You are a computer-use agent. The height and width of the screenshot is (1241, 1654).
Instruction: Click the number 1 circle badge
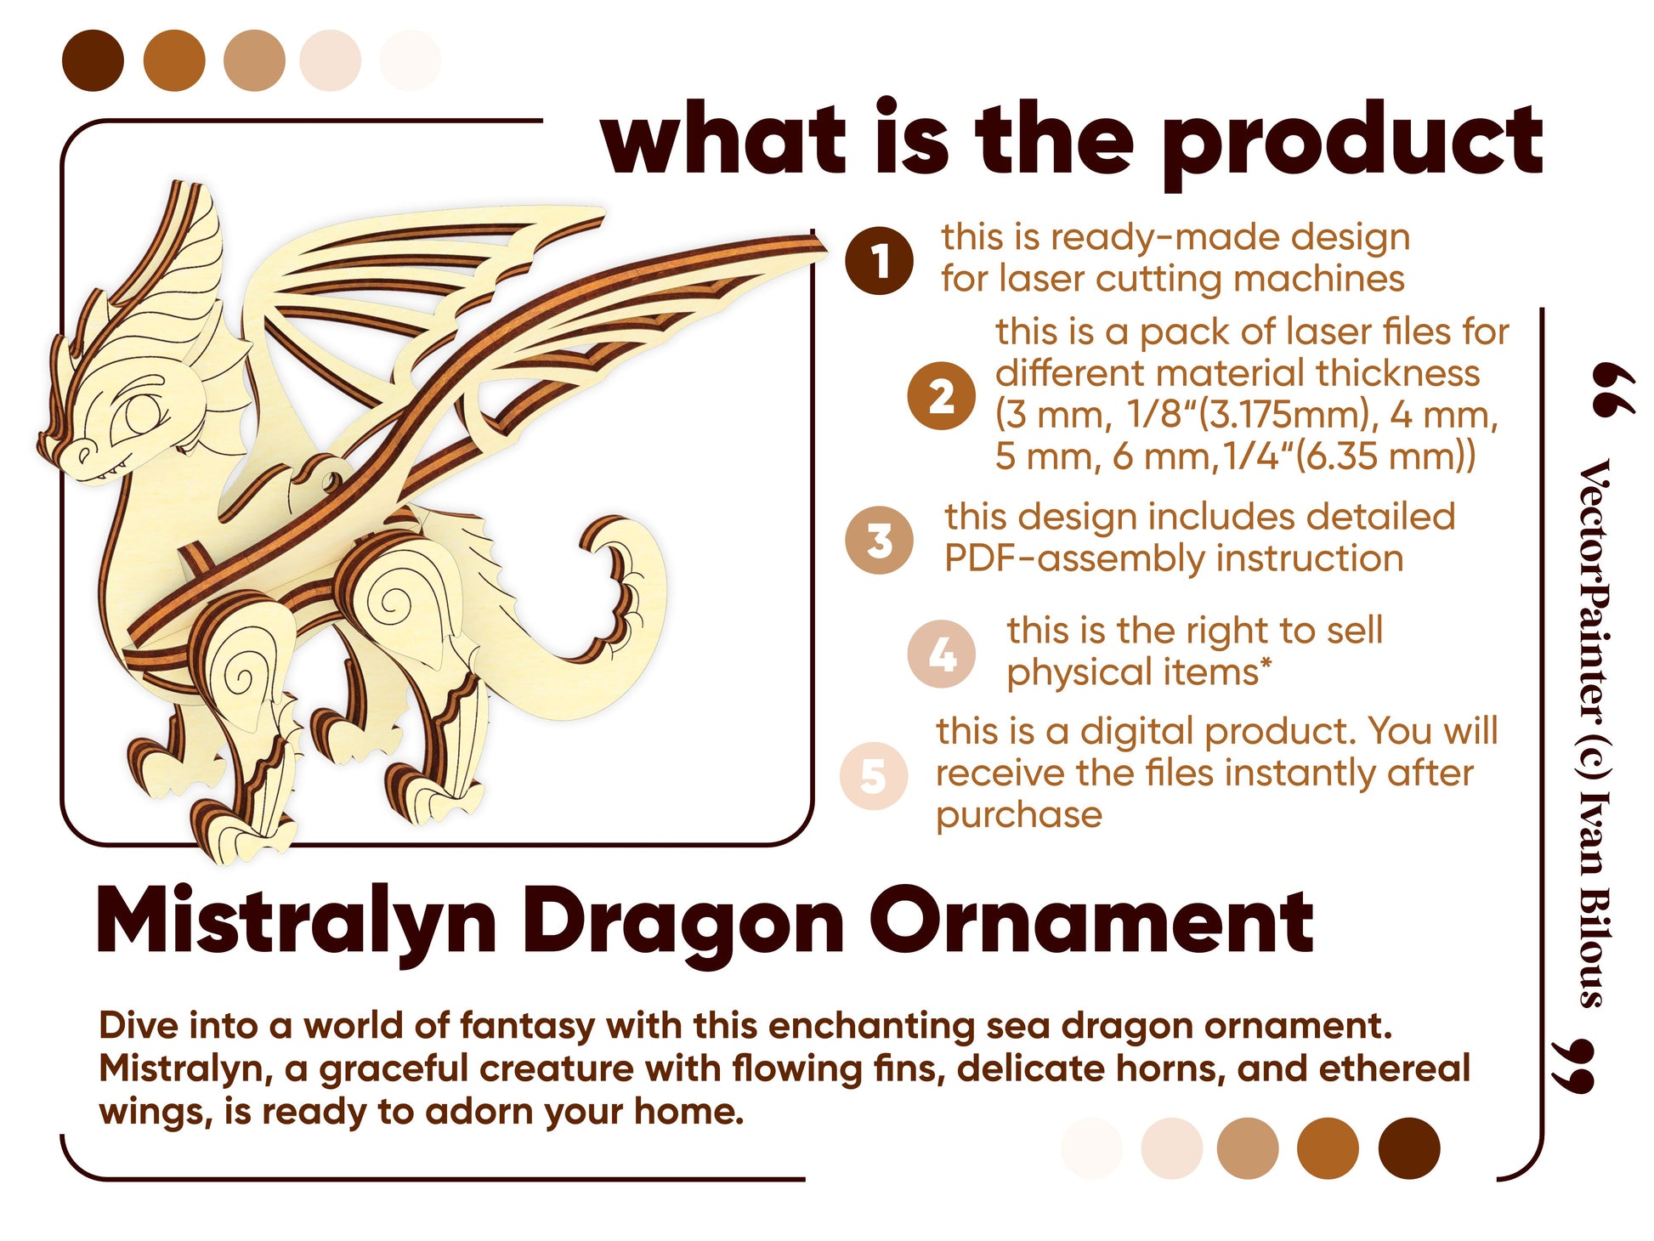(x=879, y=261)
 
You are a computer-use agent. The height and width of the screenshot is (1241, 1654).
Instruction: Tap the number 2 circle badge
(x=941, y=396)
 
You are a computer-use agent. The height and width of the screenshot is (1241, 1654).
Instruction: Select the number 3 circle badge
(x=879, y=541)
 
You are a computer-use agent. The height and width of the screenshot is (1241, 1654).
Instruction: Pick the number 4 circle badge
(x=941, y=654)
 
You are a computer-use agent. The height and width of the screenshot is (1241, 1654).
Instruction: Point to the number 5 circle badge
(x=874, y=775)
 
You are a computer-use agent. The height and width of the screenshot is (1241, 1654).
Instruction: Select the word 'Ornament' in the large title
(x=1091, y=921)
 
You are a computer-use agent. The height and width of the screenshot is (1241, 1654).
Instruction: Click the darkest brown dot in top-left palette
(x=93, y=60)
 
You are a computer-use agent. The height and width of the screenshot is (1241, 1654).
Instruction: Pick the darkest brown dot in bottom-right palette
(x=1409, y=1148)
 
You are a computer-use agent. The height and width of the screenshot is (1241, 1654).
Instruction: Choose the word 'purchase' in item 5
(x=1019, y=815)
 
